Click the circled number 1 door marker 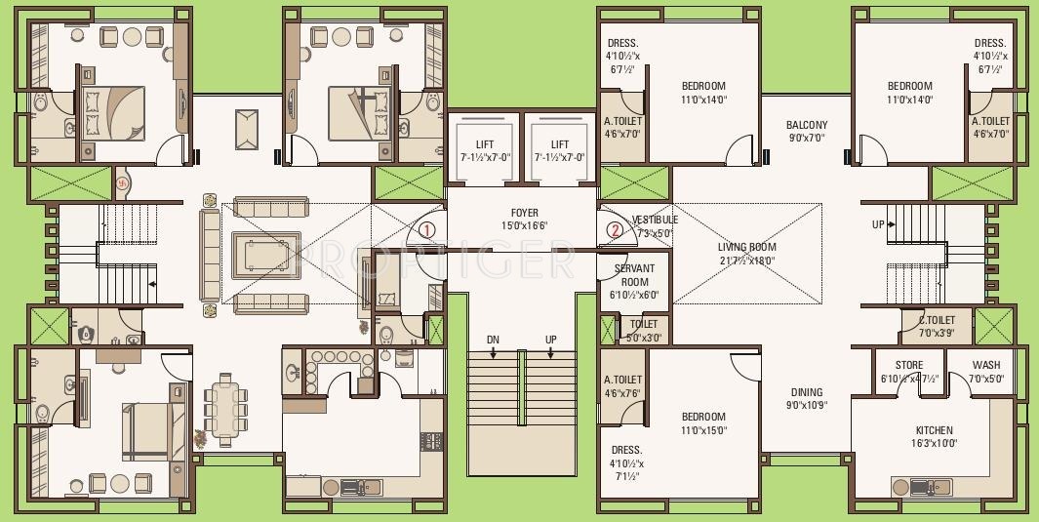[426, 230]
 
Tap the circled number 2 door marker [614, 231]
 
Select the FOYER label [524, 213]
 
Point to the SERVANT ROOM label [634, 274]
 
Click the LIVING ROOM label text [746, 247]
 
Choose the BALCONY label [806, 125]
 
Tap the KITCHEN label [934, 430]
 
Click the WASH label [985, 366]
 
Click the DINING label [806, 392]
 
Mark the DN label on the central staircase [493, 340]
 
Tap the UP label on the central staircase [551, 340]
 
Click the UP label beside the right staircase [878, 224]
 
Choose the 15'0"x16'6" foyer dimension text [524, 226]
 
